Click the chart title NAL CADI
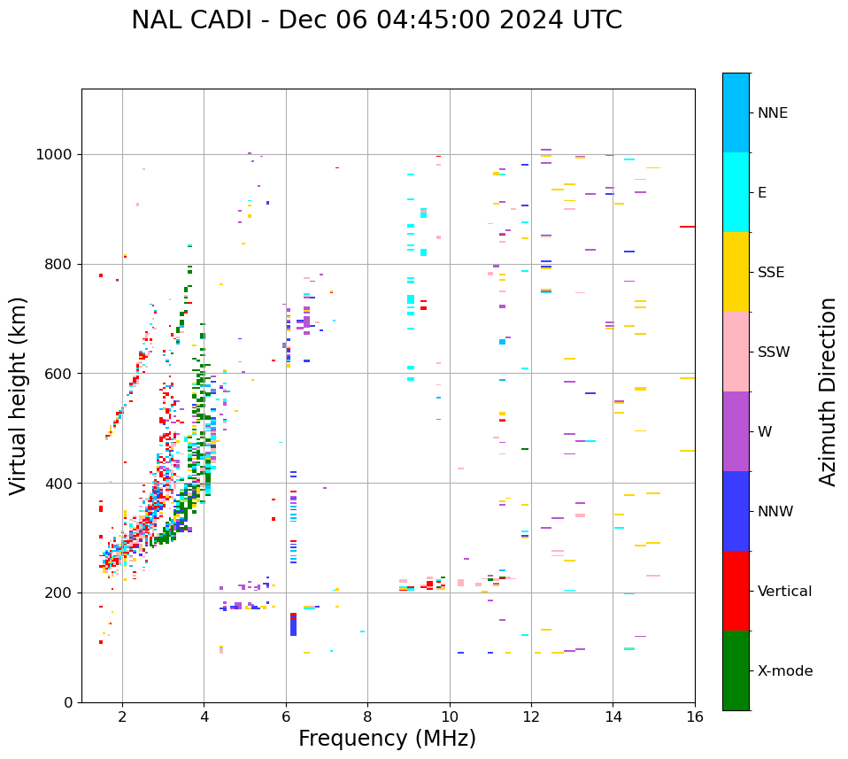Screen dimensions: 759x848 pyautogui.click(x=376, y=20)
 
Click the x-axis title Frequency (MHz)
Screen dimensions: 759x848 pyautogui.click(x=387, y=739)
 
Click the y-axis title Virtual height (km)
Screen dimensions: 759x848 pyautogui.click(x=19, y=395)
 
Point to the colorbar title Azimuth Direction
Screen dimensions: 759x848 pyautogui.click(x=828, y=391)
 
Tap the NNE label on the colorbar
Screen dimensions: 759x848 pyautogui.click(x=772, y=113)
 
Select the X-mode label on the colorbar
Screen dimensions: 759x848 pyautogui.click(x=784, y=671)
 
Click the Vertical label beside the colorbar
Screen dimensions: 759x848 pyautogui.click(x=784, y=592)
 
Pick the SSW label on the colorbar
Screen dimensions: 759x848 pyautogui.click(x=774, y=352)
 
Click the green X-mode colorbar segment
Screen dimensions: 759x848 pyautogui.click(x=736, y=670)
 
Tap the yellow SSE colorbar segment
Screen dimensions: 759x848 pyautogui.click(x=736, y=272)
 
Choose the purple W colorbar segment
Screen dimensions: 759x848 pyautogui.click(x=736, y=431)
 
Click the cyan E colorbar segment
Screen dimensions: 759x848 pyautogui.click(x=736, y=192)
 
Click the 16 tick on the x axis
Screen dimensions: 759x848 pyautogui.click(x=695, y=716)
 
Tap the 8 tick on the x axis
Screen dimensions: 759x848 pyautogui.click(x=367, y=716)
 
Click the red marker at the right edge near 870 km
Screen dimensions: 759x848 pyautogui.click(x=687, y=227)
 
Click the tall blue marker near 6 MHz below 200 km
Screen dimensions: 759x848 pyautogui.click(x=293, y=625)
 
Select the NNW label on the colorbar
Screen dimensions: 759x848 pyautogui.click(x=775, y=512)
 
